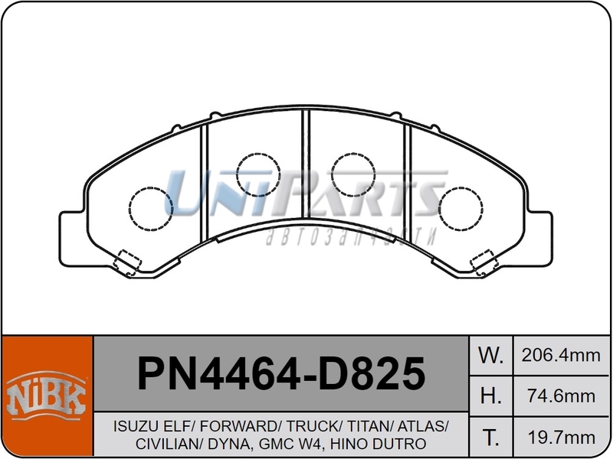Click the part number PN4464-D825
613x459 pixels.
(280, 374)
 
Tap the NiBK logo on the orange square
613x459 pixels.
(47, 396)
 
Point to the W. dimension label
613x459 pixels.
(490, 355)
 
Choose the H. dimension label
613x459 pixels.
(490, 396)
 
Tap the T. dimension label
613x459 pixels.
(490, 437)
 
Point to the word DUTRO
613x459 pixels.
(404, 444)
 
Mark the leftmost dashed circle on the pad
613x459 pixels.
(150, 209)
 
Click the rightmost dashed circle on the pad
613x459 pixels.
(461, 209)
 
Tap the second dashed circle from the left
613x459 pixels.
(258, 174)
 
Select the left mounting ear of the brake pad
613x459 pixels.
(71, 229)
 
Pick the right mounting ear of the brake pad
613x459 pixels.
(540, 229)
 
